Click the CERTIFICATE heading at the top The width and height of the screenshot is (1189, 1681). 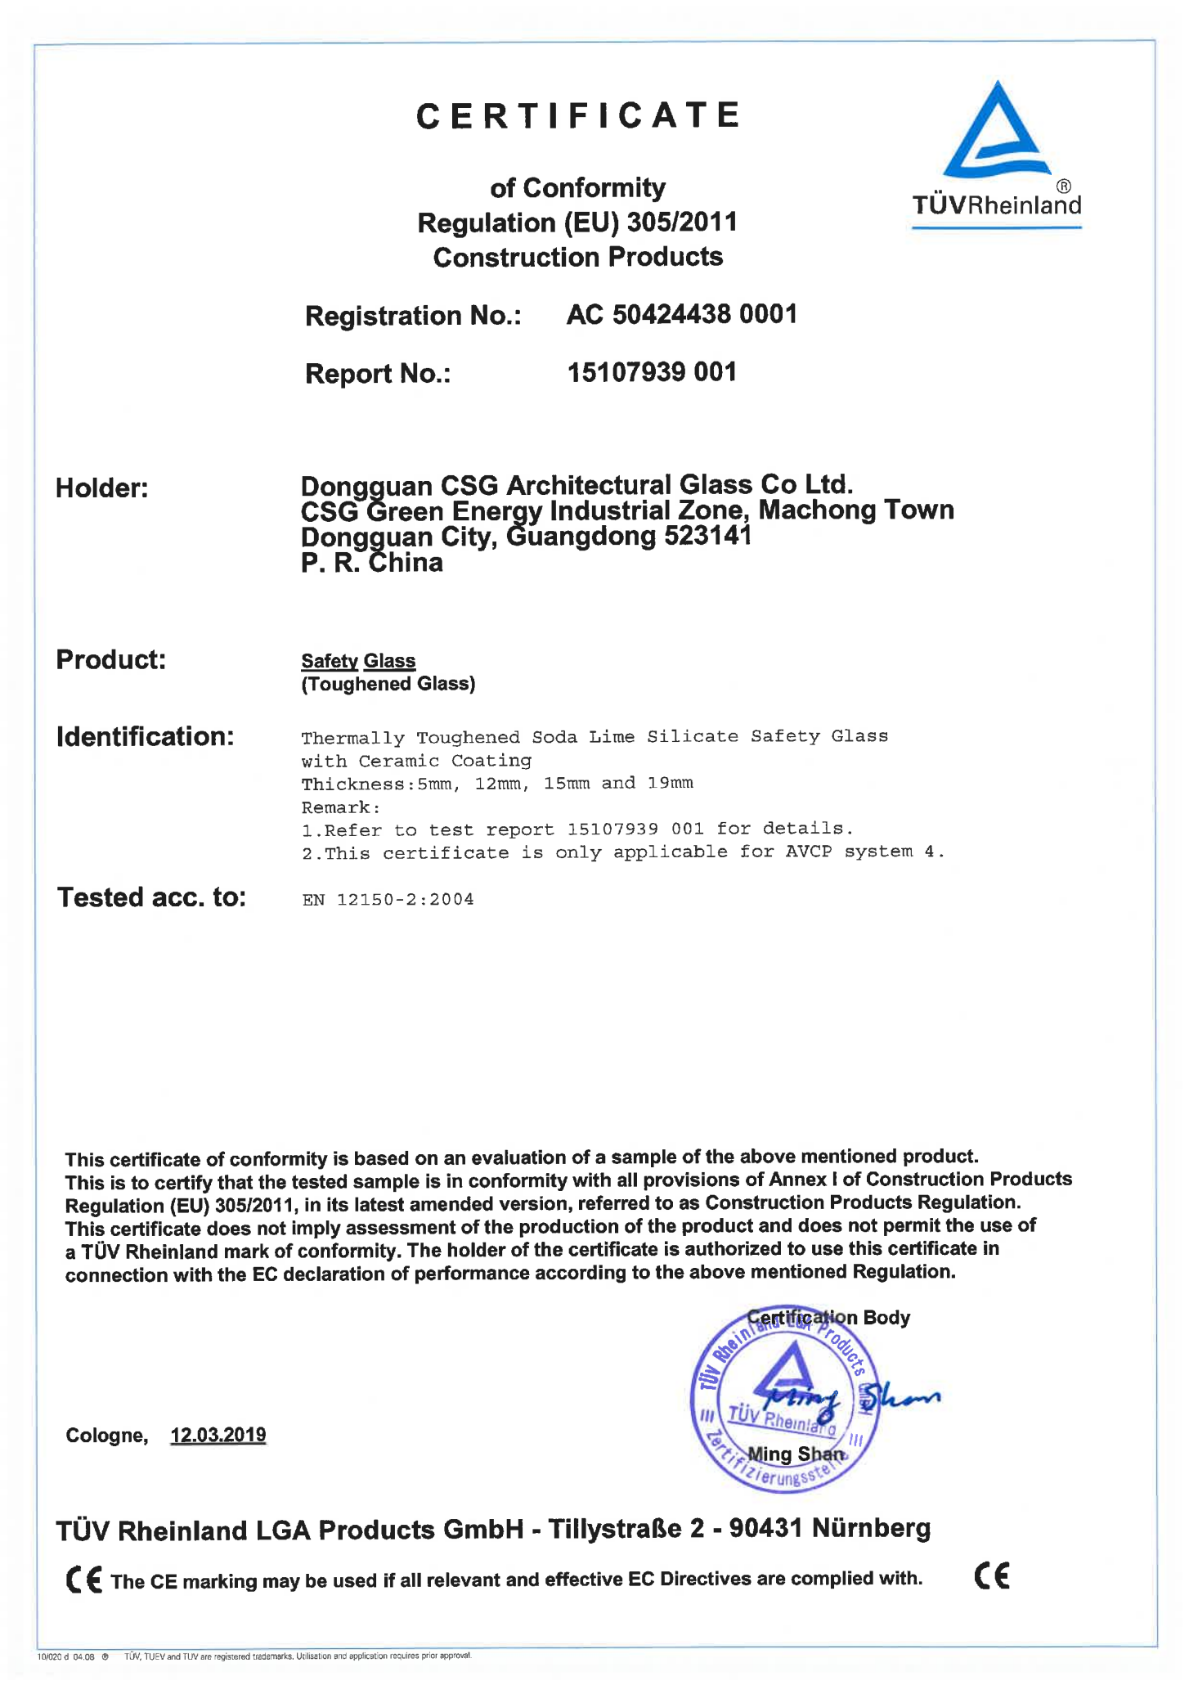coord(578,115)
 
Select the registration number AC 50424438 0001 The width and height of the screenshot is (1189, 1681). coord(681,314)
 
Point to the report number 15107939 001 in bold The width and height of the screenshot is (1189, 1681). coord(652,372)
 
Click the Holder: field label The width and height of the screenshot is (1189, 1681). coord(102,488)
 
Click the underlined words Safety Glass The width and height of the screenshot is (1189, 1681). coord(358,660)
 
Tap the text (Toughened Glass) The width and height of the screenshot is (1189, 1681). coord(388,684)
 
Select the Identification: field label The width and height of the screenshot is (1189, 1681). coord(146,736)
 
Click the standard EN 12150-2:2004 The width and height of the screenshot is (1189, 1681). coord(388,900)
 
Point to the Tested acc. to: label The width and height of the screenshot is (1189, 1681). coord(151,897)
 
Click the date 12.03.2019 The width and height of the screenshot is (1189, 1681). coord(218,1436)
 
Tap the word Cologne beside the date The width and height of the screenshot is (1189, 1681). coord(106,1436)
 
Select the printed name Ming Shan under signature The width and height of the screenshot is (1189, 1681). coord(796,1454)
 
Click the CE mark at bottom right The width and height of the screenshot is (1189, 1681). coord(992,1575)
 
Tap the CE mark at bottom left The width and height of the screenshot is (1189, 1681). coord(83,1579)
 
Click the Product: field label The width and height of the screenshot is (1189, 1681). coord(111,659)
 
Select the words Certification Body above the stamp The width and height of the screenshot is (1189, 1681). coord(828,1318)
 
